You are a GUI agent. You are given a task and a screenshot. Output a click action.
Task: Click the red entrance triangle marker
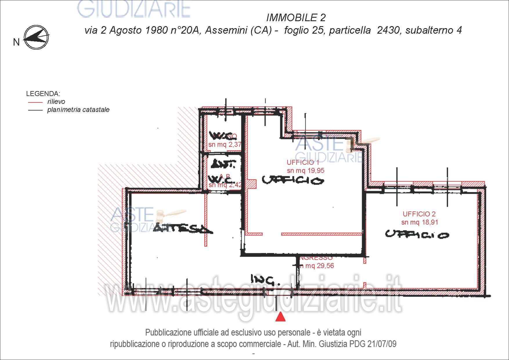coord(280,317)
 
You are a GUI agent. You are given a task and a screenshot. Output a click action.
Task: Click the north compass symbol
coord(37,37)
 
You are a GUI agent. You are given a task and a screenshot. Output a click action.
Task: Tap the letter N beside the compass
coord(16,42)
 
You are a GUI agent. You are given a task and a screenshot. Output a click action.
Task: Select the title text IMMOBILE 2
coord(296,18)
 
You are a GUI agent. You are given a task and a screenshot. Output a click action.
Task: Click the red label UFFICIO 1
coord(303,162)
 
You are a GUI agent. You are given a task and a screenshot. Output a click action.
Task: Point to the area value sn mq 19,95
coord(306,171)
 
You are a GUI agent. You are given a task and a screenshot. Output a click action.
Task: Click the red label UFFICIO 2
coord(419,214)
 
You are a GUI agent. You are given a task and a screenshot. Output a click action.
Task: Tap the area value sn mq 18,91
coord(420,222)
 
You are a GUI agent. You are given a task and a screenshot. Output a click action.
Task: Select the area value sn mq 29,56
coord(317,266)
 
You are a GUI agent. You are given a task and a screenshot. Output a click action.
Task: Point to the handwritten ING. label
coord(265,280)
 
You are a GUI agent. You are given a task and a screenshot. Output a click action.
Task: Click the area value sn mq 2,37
coord(225,144)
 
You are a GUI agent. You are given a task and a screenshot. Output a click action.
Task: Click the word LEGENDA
coord(43,94)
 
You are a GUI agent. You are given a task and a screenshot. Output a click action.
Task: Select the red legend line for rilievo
coord(35,102)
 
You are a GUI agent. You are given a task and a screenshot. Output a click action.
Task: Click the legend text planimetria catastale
coord(78,110)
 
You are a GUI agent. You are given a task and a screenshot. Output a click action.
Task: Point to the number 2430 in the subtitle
coord(388,30)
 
